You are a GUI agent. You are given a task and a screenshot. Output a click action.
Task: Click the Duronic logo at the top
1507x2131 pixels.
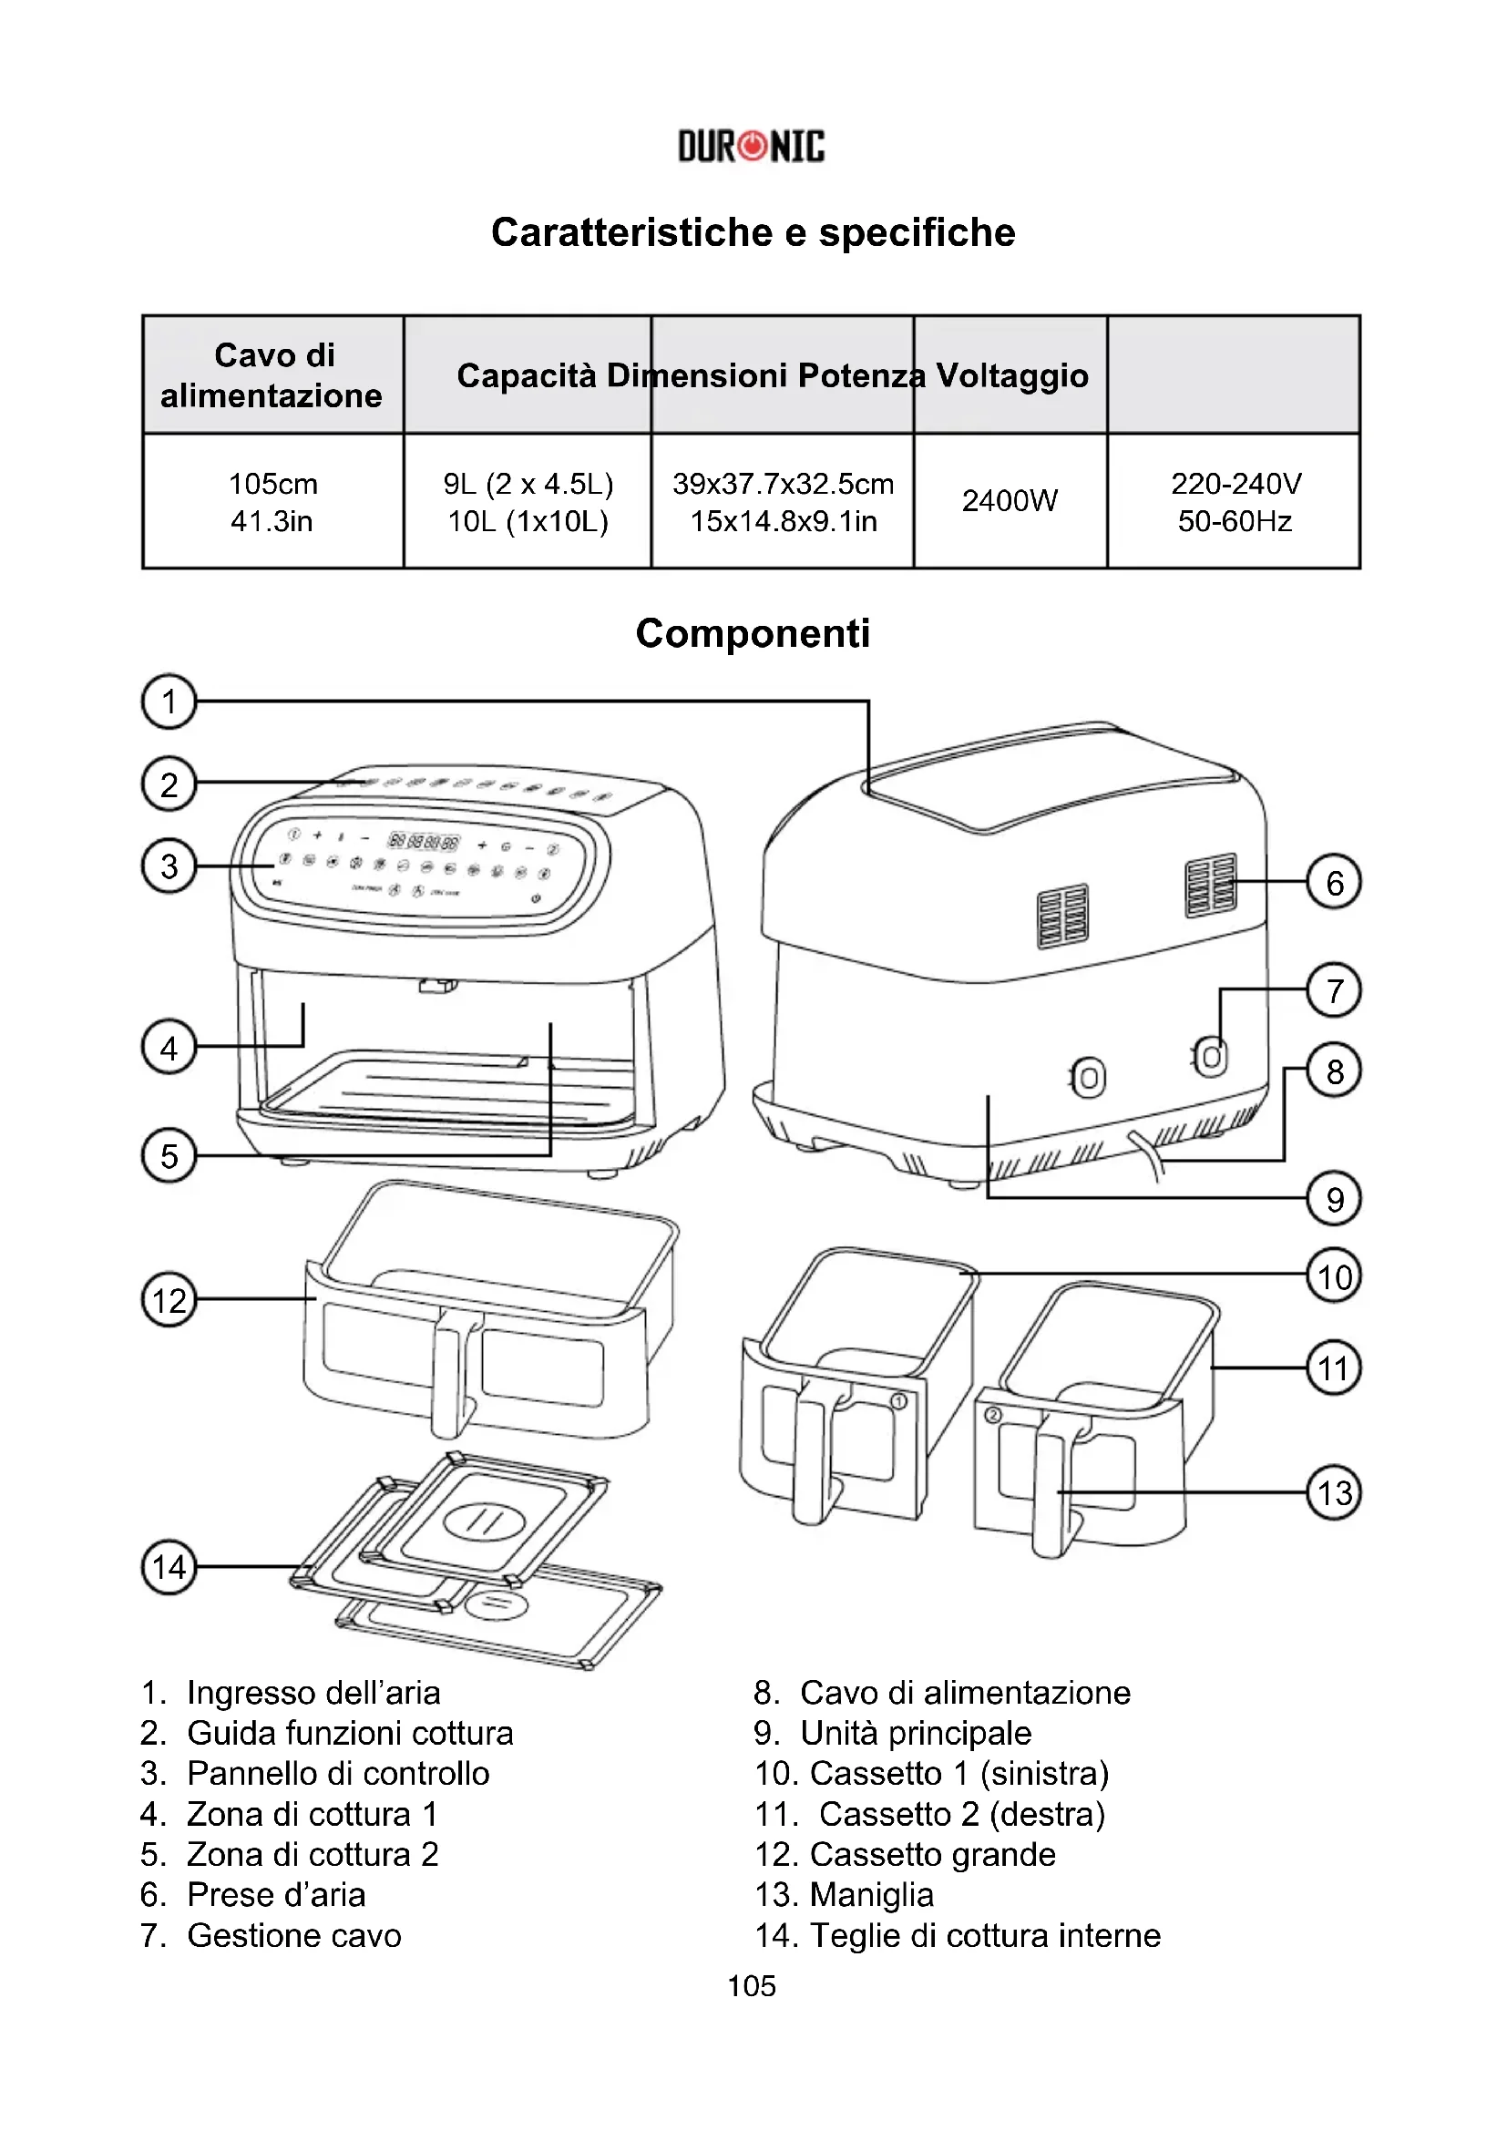(752, 147)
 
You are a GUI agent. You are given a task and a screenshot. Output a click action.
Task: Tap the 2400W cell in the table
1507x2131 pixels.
(1010, 501)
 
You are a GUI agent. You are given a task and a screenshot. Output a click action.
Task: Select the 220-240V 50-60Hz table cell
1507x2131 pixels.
(1235, 502)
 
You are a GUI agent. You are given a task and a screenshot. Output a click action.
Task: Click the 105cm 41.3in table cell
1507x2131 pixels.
(272, 502)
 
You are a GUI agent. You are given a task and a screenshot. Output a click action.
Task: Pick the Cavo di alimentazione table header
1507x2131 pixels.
(272, 375)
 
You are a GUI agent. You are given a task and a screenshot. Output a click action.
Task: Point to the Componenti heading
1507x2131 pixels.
(753, 634)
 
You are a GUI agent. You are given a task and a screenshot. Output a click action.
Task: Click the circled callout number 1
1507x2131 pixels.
(169, 702)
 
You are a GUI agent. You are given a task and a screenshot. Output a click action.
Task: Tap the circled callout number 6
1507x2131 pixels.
(1334, 882)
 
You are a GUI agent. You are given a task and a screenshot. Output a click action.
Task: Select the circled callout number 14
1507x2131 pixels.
(169, 1567)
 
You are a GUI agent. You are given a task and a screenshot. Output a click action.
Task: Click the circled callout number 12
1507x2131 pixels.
(169, 1299)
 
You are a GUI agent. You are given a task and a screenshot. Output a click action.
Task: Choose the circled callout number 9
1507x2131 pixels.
(1334, 1199)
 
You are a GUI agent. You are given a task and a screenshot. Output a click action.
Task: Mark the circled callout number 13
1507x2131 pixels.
(1334, 1492)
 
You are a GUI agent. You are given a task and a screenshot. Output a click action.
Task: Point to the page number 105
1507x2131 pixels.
(752, 1986)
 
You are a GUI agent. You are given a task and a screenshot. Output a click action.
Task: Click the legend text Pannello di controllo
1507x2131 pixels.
(338, 1774)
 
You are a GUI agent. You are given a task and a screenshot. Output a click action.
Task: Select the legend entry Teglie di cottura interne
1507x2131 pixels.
(985, 1936)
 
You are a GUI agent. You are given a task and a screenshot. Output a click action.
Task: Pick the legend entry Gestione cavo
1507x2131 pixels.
(294, 1936)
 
